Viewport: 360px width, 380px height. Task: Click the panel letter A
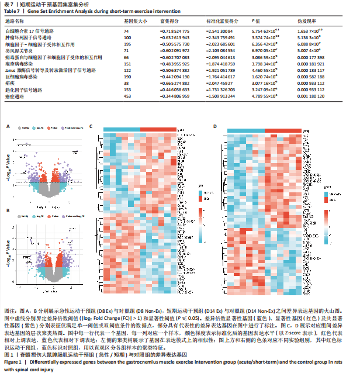tap(8, 125)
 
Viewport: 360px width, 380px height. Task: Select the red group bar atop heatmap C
tap(158, 129)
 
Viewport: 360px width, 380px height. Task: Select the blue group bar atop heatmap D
tap(244, 129)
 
